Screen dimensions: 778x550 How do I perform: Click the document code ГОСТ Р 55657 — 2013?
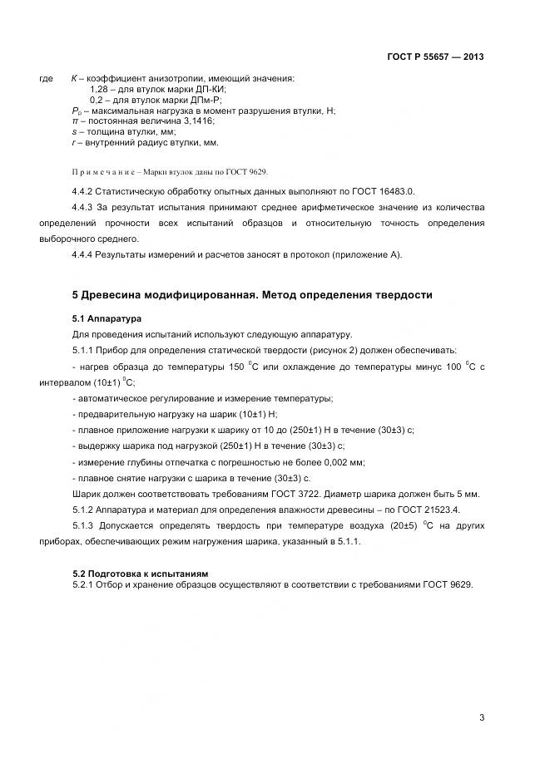pyautogui.click(x=435, y=57)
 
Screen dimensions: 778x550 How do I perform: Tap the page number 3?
pyautogui.click(x=482, y=716)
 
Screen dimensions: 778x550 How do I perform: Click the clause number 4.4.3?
pyautogui.click(x=86, y=207)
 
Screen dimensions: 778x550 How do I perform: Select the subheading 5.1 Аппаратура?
pyautogui.click(x=107, y=318)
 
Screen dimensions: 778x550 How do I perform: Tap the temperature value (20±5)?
pyautogui.click(x=405, y=526)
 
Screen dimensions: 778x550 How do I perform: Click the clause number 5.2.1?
pyautogui.click(x=86, y=584)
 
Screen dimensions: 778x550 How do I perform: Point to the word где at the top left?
pyautogui.click(x=47, y=79)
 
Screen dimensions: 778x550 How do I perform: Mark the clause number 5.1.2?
pyautogui.click(x=86, y=510)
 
